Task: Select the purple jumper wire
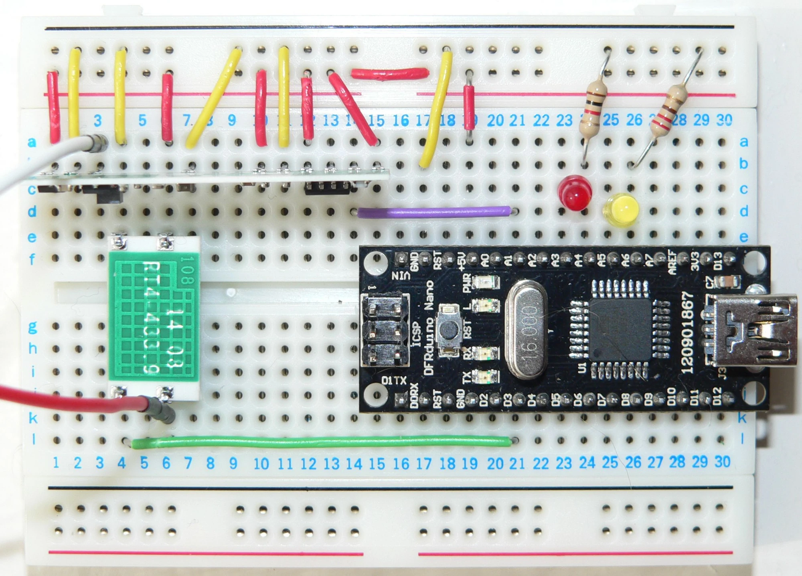434,212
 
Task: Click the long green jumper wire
321,442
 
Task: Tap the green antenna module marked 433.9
154,317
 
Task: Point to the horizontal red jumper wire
390,73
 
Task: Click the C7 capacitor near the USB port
729,282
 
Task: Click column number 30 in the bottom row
722,462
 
